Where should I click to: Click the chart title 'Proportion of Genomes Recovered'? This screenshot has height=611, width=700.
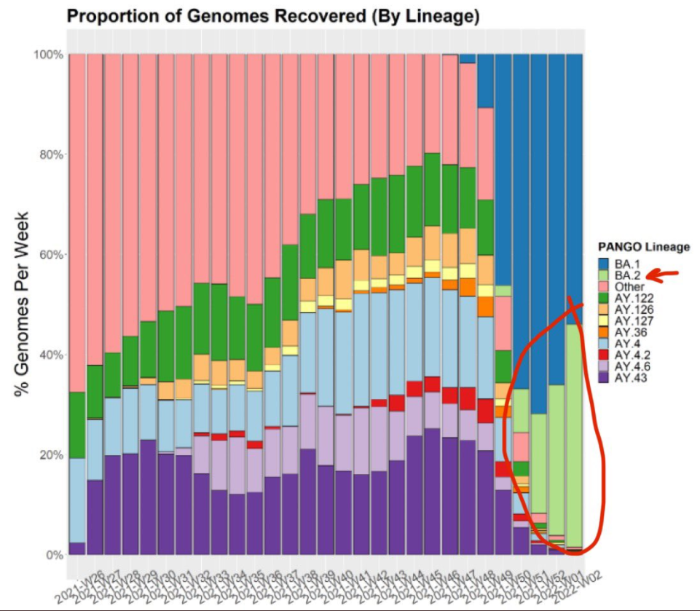(x=267, y=17)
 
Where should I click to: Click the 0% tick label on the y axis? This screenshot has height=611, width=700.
(x=54, y=555)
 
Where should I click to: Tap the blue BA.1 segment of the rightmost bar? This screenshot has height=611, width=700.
(x=574, y=182)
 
